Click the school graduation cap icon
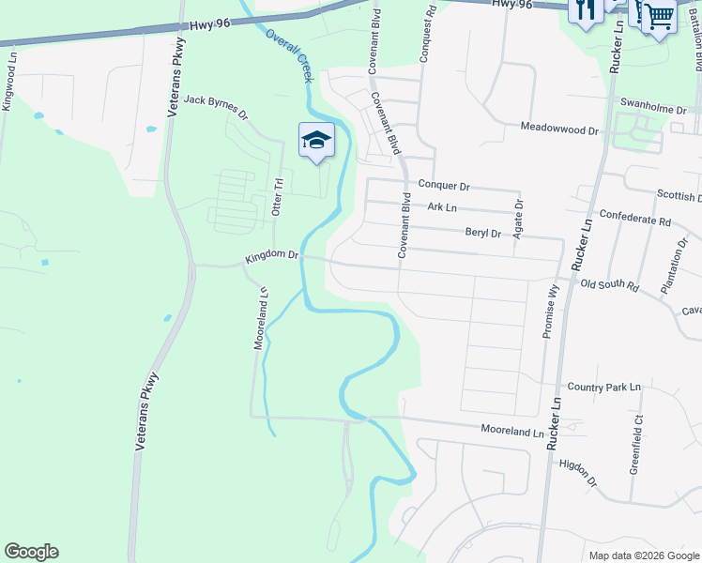coord(316,141)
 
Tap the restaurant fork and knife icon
coord(584,10)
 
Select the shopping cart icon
coord(658,14)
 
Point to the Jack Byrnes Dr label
coord(215,107)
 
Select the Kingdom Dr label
coord(271,255)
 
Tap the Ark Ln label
coord(441,207)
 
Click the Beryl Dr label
coord(483,233)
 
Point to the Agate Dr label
coord(518,218)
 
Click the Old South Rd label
coord(609,284)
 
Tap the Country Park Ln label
coord(603,387)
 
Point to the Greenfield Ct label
coord(637,442)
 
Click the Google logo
coord(31,552)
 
